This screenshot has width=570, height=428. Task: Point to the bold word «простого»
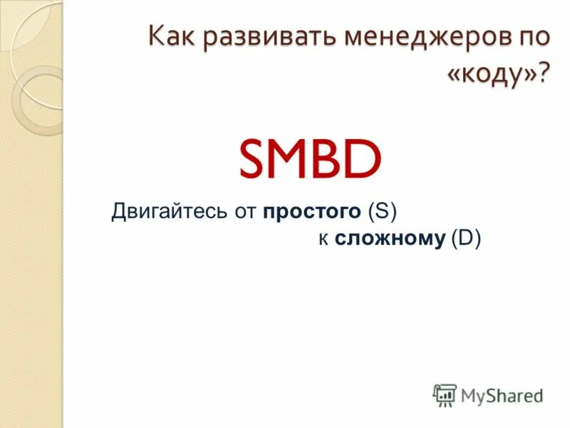(x=313, y=213)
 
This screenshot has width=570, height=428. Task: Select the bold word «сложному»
(x=390, y=240)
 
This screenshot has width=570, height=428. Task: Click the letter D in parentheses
(x=467, y=239)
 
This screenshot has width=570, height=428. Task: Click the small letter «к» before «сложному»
(x=323, y=240)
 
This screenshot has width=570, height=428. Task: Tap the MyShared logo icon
(x=445, y=394)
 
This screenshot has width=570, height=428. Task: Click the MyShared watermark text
(x=502, y=394)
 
